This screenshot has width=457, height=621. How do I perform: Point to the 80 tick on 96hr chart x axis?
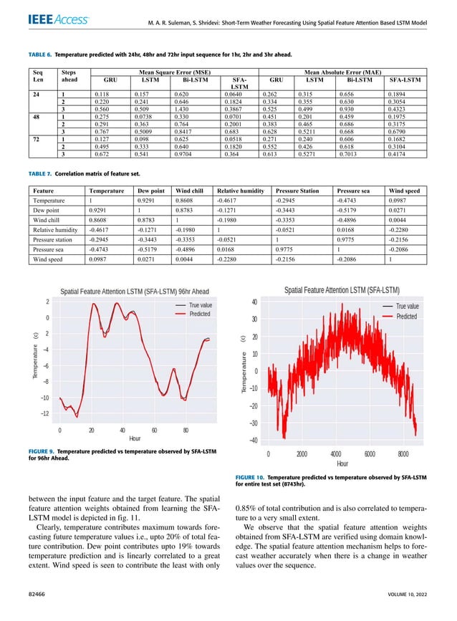coord(186,430)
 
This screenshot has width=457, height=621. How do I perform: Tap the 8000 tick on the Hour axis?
coord(403,453)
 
